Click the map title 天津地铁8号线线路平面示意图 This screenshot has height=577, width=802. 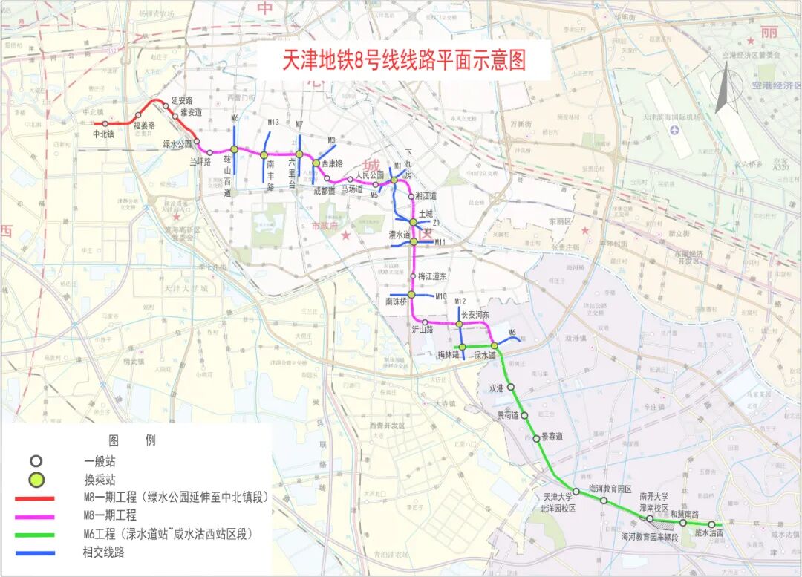point(404,60)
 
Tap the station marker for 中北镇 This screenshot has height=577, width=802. point(105,123)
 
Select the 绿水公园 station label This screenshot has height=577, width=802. point(177,144)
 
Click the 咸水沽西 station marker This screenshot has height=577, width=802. point(711,524)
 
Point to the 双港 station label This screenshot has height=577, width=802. point(496,388)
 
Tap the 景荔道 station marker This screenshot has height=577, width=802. point(537,438)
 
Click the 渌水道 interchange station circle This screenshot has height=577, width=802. point(494,346)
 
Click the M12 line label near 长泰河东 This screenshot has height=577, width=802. point(460,301)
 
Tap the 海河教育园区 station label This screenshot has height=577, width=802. point(609,489)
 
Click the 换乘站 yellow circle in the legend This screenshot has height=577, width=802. point(36,479)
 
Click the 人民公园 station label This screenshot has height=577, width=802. point(368,176)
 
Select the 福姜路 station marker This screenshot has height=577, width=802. point(138,115)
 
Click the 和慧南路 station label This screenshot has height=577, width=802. point(684,514)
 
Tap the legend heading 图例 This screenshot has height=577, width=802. point(132,440)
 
